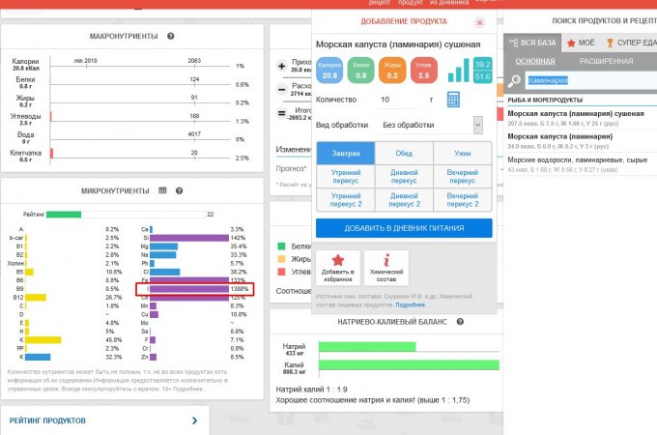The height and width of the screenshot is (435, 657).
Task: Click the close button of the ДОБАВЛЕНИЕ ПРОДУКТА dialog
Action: click(x=479, y=21)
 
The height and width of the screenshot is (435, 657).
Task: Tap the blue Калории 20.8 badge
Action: click(x=329, y=70)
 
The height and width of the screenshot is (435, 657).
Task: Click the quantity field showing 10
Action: click(x=401, y=100)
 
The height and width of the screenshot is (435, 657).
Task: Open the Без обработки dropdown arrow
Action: click(x=477, y=125)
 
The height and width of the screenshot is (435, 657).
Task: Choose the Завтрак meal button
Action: click(x=344, y=153)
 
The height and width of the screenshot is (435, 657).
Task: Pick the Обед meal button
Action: click(x=403, y=153)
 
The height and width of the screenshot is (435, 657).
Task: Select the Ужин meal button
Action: click(x=463, y=153)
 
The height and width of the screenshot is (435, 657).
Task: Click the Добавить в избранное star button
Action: click(x=337, y=267)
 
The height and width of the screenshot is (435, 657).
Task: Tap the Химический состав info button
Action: click(x=386, y=267)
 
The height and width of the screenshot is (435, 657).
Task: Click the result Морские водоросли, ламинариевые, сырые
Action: click(x=576, y=159)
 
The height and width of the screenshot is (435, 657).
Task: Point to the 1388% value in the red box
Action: click(x=239, y=289)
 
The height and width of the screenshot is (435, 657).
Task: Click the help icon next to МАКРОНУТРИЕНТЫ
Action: click(x=170, y=36)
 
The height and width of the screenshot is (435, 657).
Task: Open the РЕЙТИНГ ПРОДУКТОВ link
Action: click(x=48, y=420)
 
